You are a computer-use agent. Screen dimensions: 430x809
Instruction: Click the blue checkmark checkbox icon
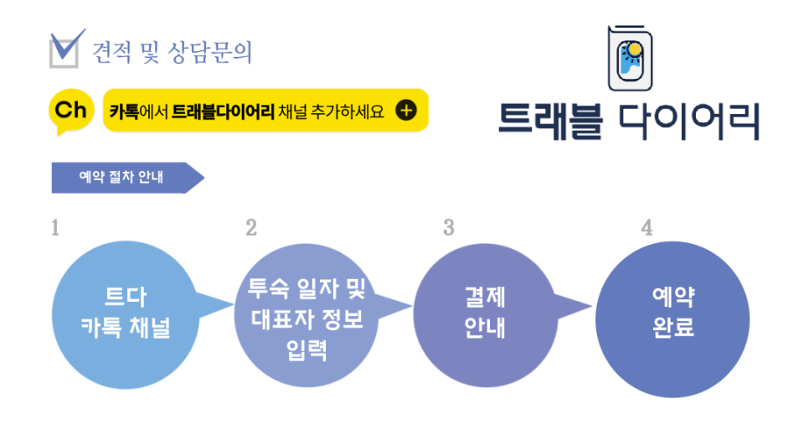point(66,49)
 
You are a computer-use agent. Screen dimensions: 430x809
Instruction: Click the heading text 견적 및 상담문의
point(173,52)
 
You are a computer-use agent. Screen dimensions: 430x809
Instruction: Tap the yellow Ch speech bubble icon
point(72,111)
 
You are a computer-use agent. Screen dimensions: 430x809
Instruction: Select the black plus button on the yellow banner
point(405,110)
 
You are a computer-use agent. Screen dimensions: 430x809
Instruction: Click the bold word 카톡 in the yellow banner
point(123,111)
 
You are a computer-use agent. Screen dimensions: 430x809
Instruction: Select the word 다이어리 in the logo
point(688,122)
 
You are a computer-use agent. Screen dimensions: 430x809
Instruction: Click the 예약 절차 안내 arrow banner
point(126,177)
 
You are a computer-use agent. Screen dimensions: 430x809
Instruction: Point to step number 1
point(55,228)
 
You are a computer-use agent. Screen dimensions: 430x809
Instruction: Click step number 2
point(251,228)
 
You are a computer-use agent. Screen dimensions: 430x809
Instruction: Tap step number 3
point(449,228)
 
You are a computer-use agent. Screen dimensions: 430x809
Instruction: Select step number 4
point(647,228)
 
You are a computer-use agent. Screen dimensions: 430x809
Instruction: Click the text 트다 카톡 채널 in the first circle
point(125,311)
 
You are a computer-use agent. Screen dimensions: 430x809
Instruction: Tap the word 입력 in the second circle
point(307,348)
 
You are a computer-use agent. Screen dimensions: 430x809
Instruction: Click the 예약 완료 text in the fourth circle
point(673,311)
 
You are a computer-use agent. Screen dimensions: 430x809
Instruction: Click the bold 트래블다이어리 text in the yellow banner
point(223,111)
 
